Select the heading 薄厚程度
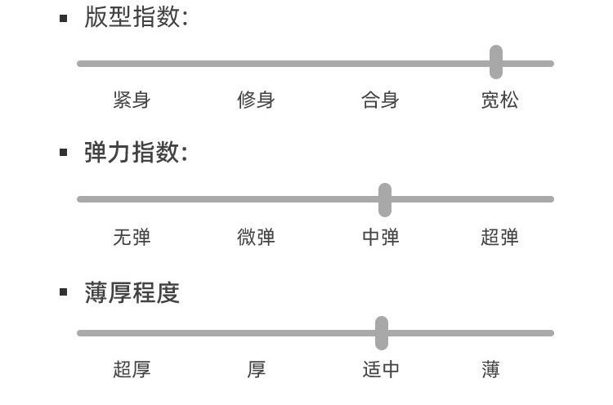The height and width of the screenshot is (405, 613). pos(132,292)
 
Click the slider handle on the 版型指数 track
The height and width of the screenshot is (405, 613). pos(496,62)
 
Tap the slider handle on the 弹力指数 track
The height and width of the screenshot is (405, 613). pos(385,199)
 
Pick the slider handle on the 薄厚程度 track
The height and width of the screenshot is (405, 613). pos(382,333)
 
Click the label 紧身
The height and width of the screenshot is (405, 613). pos(132,100)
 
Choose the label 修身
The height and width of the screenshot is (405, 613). pos(256,100)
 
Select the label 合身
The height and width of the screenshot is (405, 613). pos(380,100)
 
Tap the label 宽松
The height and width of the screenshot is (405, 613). pos(499,100)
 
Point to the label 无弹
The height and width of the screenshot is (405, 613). pos(132,238)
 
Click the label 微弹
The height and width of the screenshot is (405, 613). pos(256,238)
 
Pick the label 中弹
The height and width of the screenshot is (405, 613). pos(380,238)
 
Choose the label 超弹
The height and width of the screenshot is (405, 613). pos(499,238)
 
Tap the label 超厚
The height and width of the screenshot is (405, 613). pos(132,370)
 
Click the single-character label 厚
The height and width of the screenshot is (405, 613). pos(256,370)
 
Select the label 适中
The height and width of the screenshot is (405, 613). pos(380,370)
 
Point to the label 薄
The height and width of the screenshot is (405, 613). pos(490,370)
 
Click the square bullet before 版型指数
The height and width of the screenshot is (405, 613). pos(64,18)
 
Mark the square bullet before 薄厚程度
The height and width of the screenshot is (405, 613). pos(64,292)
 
